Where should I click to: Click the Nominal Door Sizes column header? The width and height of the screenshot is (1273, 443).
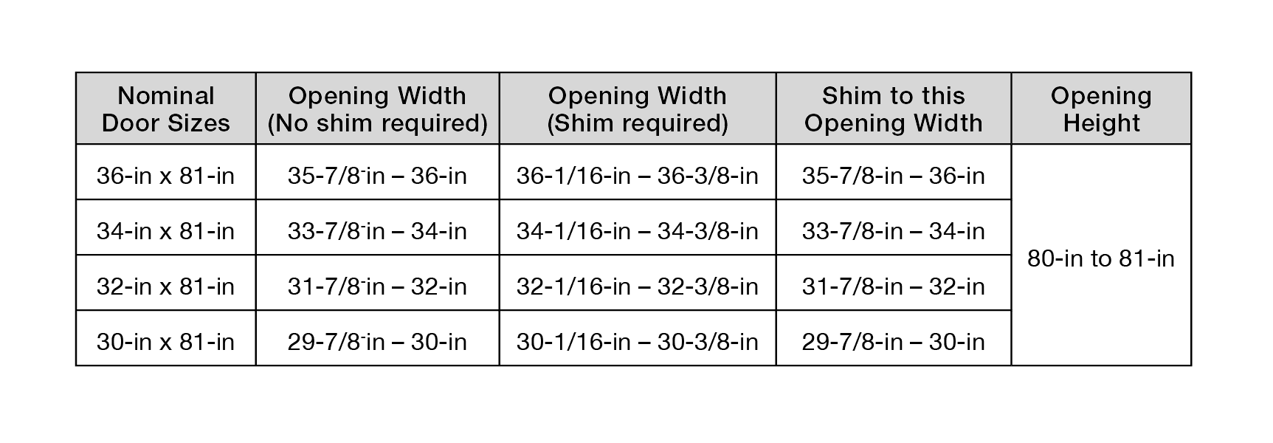166,109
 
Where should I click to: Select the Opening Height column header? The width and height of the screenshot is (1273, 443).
1101,109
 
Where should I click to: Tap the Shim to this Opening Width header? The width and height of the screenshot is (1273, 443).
894,109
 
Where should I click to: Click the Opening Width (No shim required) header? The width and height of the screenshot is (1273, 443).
378,109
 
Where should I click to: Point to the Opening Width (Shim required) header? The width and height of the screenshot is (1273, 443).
638,109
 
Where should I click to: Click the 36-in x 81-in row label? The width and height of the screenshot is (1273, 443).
166,176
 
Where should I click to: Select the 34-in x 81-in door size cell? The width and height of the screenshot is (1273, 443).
166,231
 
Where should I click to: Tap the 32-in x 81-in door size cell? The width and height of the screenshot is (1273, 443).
166,286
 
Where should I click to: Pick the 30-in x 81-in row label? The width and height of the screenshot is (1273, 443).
166,342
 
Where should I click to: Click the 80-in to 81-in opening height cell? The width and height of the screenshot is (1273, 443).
1101,258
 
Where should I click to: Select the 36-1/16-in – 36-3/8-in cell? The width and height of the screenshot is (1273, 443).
638,176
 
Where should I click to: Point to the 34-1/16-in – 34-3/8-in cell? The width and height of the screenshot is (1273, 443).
638,231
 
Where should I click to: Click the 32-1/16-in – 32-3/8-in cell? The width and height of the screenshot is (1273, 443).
638,286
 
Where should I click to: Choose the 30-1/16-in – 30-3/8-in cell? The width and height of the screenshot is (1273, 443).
638,342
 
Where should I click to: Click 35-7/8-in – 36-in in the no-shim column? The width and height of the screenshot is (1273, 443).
378,176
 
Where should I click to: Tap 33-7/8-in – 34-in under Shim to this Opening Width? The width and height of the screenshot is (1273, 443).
894,231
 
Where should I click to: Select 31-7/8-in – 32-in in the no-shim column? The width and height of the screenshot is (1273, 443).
378,286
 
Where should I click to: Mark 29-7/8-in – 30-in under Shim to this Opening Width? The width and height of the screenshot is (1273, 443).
894,342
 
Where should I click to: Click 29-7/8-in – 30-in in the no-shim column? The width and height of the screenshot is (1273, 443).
378,342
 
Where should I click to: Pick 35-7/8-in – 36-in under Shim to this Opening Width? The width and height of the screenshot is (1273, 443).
894,176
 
